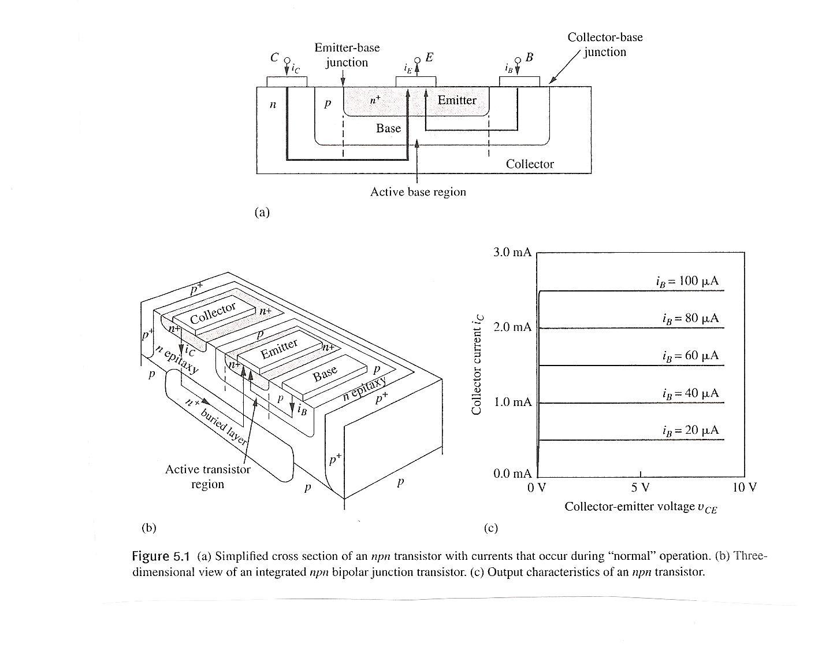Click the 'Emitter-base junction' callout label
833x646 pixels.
point(347,55)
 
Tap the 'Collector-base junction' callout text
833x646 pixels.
point(605,45)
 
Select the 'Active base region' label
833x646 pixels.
point(418,192)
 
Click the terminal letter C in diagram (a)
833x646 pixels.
point(275,58)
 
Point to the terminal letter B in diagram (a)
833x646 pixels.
point(529,57)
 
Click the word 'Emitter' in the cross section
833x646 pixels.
point(457,101)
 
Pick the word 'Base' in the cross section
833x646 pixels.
point(388,128)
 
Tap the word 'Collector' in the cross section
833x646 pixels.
point(530,164)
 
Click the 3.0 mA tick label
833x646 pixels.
point(512,253)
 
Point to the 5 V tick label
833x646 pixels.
point(640,488)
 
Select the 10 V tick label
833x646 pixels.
point(743,488)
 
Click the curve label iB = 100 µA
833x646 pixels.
point(687,282)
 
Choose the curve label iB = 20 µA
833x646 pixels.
point(691,431)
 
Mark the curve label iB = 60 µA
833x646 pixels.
point(691,356)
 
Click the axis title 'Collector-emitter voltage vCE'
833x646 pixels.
point(641,507)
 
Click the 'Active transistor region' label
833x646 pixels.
point(208,477)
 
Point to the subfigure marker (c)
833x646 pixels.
point(490,528)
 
